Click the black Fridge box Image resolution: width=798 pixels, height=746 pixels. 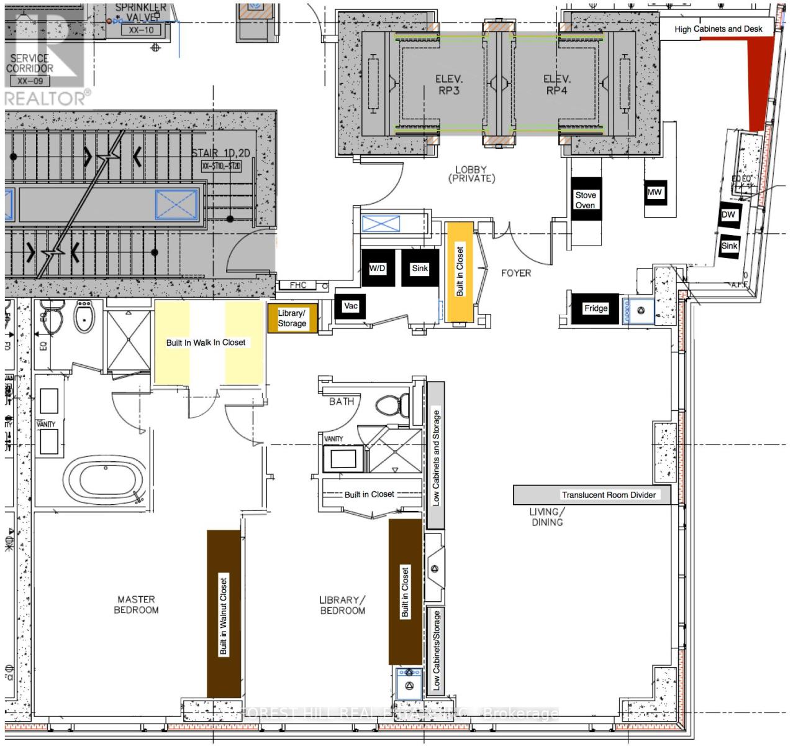click(x=596, y=308)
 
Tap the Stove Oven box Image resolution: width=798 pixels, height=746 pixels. click(x=585, y=200)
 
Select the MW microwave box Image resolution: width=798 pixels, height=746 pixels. click(x=655, y=193)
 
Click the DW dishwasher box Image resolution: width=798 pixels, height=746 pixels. click(x=728, y=215)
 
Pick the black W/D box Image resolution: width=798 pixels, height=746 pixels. click(x=377, y=269)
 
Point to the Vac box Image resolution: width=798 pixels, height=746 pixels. click(x=351, y=306)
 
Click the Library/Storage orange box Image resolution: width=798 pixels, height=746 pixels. click(x=292, y=318)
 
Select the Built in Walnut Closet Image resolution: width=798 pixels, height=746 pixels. click(x=224, y=614)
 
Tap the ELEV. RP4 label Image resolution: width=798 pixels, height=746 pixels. click(x=556, y=85)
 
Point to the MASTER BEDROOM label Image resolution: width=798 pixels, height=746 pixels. click(x=136, y=604)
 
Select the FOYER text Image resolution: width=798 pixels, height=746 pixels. click(x=516, y=273)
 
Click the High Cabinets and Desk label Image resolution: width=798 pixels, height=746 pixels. click(x=718, y=29)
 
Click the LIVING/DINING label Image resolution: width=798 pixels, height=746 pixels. click(x=546, y=517)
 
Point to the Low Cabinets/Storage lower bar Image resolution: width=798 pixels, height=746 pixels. click(x=436, y=650)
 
